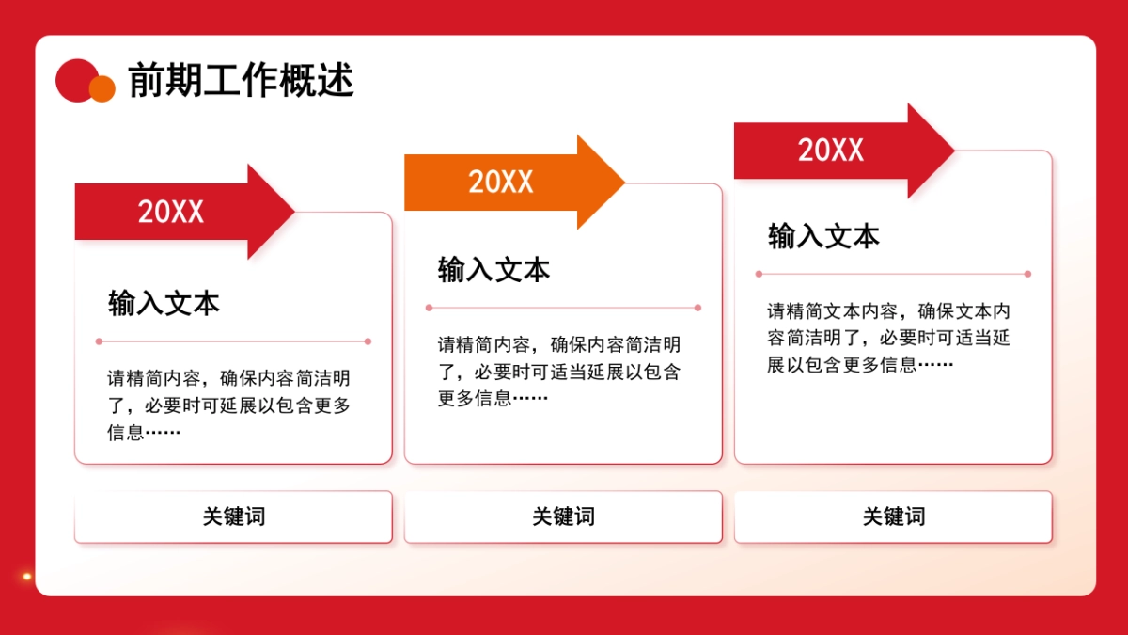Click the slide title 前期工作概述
pos(241,81)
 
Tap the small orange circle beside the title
pos(102,88)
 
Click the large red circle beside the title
pos(76,79)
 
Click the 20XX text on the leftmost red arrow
pos(171,212)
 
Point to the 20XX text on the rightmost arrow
pos(831,151)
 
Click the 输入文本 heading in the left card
pos(164,303)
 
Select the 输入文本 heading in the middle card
pos(493,270)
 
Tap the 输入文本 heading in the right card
pos(823,236)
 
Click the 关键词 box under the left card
pos(233,516)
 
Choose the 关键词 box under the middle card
pos(563,516)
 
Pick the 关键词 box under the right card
pos(893,516)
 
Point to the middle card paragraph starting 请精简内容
pos(558,372)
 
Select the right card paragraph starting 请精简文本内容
pos(888,338)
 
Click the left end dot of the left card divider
pos(99,341)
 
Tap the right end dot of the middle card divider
pos(697,308)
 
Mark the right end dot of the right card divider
pos(1027,274)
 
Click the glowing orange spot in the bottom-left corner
pos(27,576)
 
